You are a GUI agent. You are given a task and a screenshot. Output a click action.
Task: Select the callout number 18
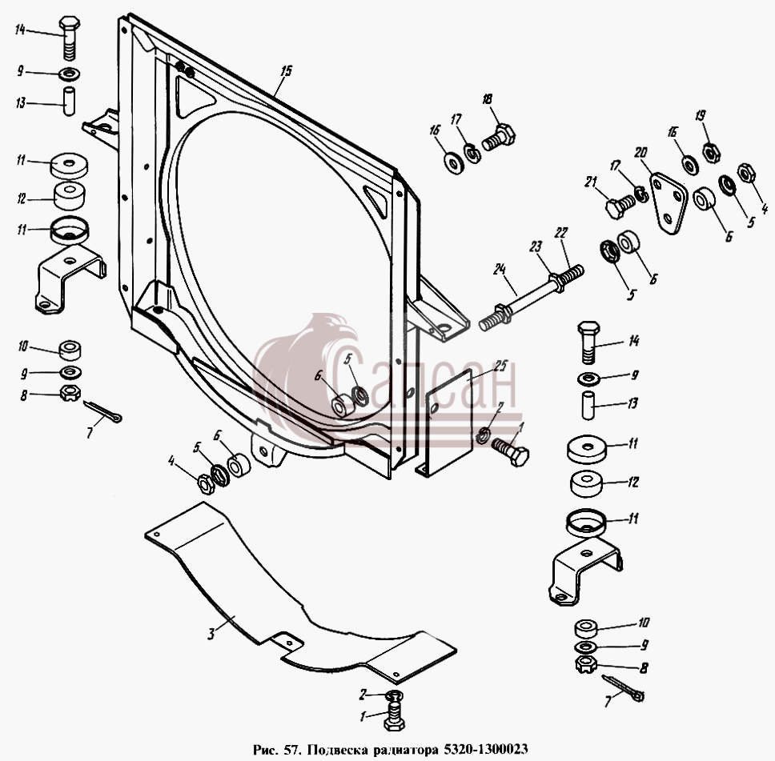click(x=488, y=99)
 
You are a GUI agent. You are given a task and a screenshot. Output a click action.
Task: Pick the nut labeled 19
click(x=711, y=152)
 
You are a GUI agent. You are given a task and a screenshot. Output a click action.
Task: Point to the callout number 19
click(x=700, y=116)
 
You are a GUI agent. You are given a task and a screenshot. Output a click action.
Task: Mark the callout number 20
click(x=640, y=153)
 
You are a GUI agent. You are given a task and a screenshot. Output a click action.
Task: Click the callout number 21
click(x=591, y=182)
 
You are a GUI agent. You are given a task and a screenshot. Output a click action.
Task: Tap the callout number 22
click(x=561, y=233)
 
